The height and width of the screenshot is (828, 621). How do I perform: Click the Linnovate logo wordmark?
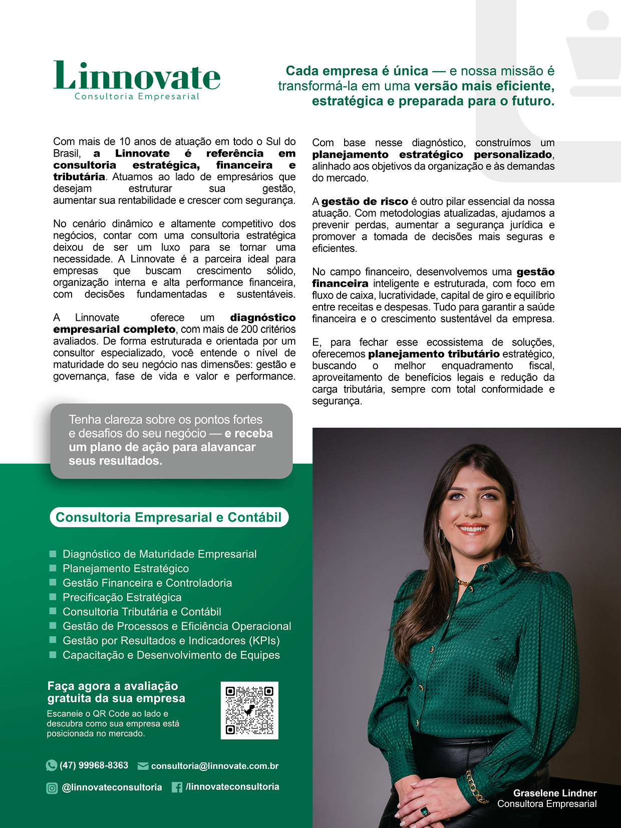[137, 76]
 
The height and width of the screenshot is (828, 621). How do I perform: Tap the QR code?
[249, 710]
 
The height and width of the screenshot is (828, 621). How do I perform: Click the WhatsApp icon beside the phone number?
[51, 765]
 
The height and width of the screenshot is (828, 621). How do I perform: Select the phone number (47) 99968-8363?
[94, 765]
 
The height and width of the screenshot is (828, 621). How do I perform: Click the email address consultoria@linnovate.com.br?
[214, 766]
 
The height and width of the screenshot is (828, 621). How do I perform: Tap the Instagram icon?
[52, 788]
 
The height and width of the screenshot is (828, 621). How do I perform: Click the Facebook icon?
[177, 787]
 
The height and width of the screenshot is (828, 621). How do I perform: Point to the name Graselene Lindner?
[554, 793]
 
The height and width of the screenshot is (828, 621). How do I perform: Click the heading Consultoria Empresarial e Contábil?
[169, 517]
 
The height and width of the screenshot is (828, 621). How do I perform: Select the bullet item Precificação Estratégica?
[122, 597]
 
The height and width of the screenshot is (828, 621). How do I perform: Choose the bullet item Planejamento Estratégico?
[125, 569]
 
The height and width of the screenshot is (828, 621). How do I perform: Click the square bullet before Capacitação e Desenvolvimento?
[53, 655]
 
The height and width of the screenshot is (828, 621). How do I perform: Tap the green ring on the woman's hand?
[424, 810]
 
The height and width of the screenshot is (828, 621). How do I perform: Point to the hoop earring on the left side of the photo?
[442, 536]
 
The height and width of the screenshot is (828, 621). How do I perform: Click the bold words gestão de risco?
[365, 202]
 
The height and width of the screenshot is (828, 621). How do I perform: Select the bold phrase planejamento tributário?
[434, 354]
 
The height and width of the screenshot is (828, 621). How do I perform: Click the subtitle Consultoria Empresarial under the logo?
[137, 97]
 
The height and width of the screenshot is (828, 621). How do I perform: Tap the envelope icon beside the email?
[143, 766]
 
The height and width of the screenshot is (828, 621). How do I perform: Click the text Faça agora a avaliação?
[113, 686]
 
